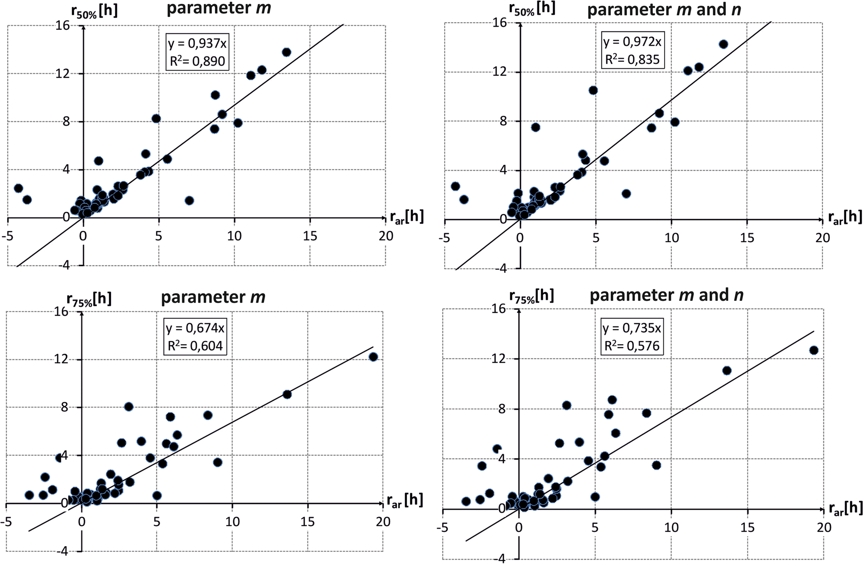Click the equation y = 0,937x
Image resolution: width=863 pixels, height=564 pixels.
pos(197,43)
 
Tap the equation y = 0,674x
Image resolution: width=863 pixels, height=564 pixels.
pos(195,328)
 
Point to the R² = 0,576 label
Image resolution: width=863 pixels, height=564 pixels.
pos(632,346)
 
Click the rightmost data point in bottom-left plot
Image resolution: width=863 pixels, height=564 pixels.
pos(373,357)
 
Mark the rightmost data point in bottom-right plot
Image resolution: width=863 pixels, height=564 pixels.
pos(814,351)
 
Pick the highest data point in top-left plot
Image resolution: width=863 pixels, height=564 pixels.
pos(286,52)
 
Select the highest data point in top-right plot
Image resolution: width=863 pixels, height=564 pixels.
pos(723,44)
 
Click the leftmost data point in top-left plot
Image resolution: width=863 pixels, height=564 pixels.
pos(18,188)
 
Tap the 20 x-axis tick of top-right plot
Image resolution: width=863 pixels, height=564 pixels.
pos(822,238)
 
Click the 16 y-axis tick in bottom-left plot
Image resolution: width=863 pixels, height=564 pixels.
pos(61,312)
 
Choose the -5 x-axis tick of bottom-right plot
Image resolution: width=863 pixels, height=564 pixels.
pos(442,528)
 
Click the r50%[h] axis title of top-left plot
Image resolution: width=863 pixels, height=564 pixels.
pos(94,11)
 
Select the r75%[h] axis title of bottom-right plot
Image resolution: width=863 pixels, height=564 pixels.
pos(531,296)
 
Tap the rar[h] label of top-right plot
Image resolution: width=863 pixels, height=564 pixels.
pos(845,218)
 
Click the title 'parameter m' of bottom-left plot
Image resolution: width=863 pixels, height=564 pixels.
pos(213,297)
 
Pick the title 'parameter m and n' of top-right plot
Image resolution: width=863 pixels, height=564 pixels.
pos(664,9)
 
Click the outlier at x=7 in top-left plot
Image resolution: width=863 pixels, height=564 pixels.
pos(189,201)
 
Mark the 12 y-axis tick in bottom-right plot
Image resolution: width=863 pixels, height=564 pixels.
pos(499,359)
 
